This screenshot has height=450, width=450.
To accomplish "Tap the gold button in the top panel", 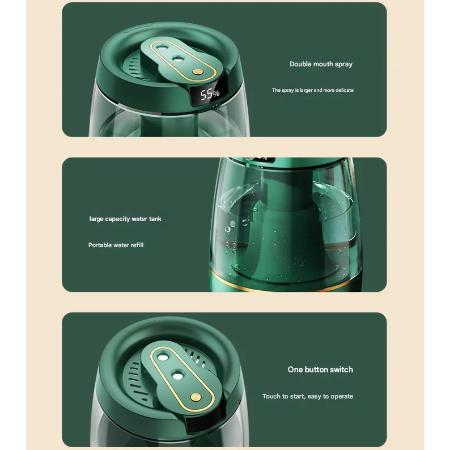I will coord(197,72).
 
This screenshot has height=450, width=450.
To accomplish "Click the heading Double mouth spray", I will coord(321,64).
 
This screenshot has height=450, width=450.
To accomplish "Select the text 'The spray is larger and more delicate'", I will coord(312,90).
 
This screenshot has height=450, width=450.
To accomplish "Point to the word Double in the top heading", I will coord(300,64).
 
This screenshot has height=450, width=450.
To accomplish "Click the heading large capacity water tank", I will coord(125,219).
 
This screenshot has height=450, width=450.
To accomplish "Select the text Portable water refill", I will coord(116,245).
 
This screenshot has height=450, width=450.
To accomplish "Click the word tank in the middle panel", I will coord(155,219).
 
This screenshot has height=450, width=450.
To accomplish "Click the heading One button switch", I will coord(320,370).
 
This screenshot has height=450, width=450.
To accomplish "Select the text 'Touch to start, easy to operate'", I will coord(308,396).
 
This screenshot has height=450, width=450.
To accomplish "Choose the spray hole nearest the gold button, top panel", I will coord(177,57).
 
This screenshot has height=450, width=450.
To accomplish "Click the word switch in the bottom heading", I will coord(341,370).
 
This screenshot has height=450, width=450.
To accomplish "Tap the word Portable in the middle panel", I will coord(100,245).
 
